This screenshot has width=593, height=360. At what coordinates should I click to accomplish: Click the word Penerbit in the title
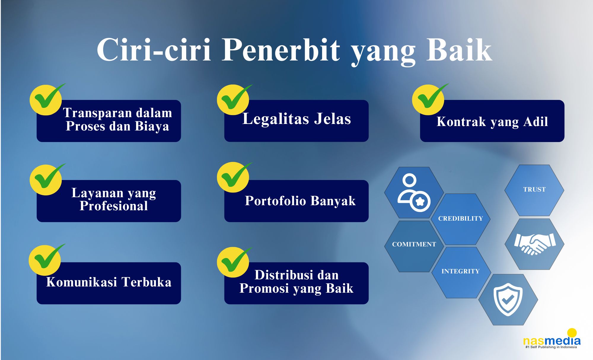281,50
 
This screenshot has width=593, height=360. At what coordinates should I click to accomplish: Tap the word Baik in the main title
459,50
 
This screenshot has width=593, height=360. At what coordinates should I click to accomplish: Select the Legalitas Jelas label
296,119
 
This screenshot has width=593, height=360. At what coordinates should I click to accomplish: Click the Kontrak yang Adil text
492,122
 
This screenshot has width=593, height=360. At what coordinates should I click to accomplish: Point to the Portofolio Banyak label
300,201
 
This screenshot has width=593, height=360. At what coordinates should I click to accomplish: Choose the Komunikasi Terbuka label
109,282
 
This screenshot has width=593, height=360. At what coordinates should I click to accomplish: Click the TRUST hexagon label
534,189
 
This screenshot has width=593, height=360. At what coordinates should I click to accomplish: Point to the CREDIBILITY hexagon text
460,219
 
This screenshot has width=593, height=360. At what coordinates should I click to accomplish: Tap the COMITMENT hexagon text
414,244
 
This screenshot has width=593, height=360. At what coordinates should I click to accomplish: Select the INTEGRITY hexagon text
460,271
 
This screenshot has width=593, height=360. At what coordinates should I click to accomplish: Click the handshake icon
535,244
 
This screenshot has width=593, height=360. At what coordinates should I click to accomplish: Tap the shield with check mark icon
508,300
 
